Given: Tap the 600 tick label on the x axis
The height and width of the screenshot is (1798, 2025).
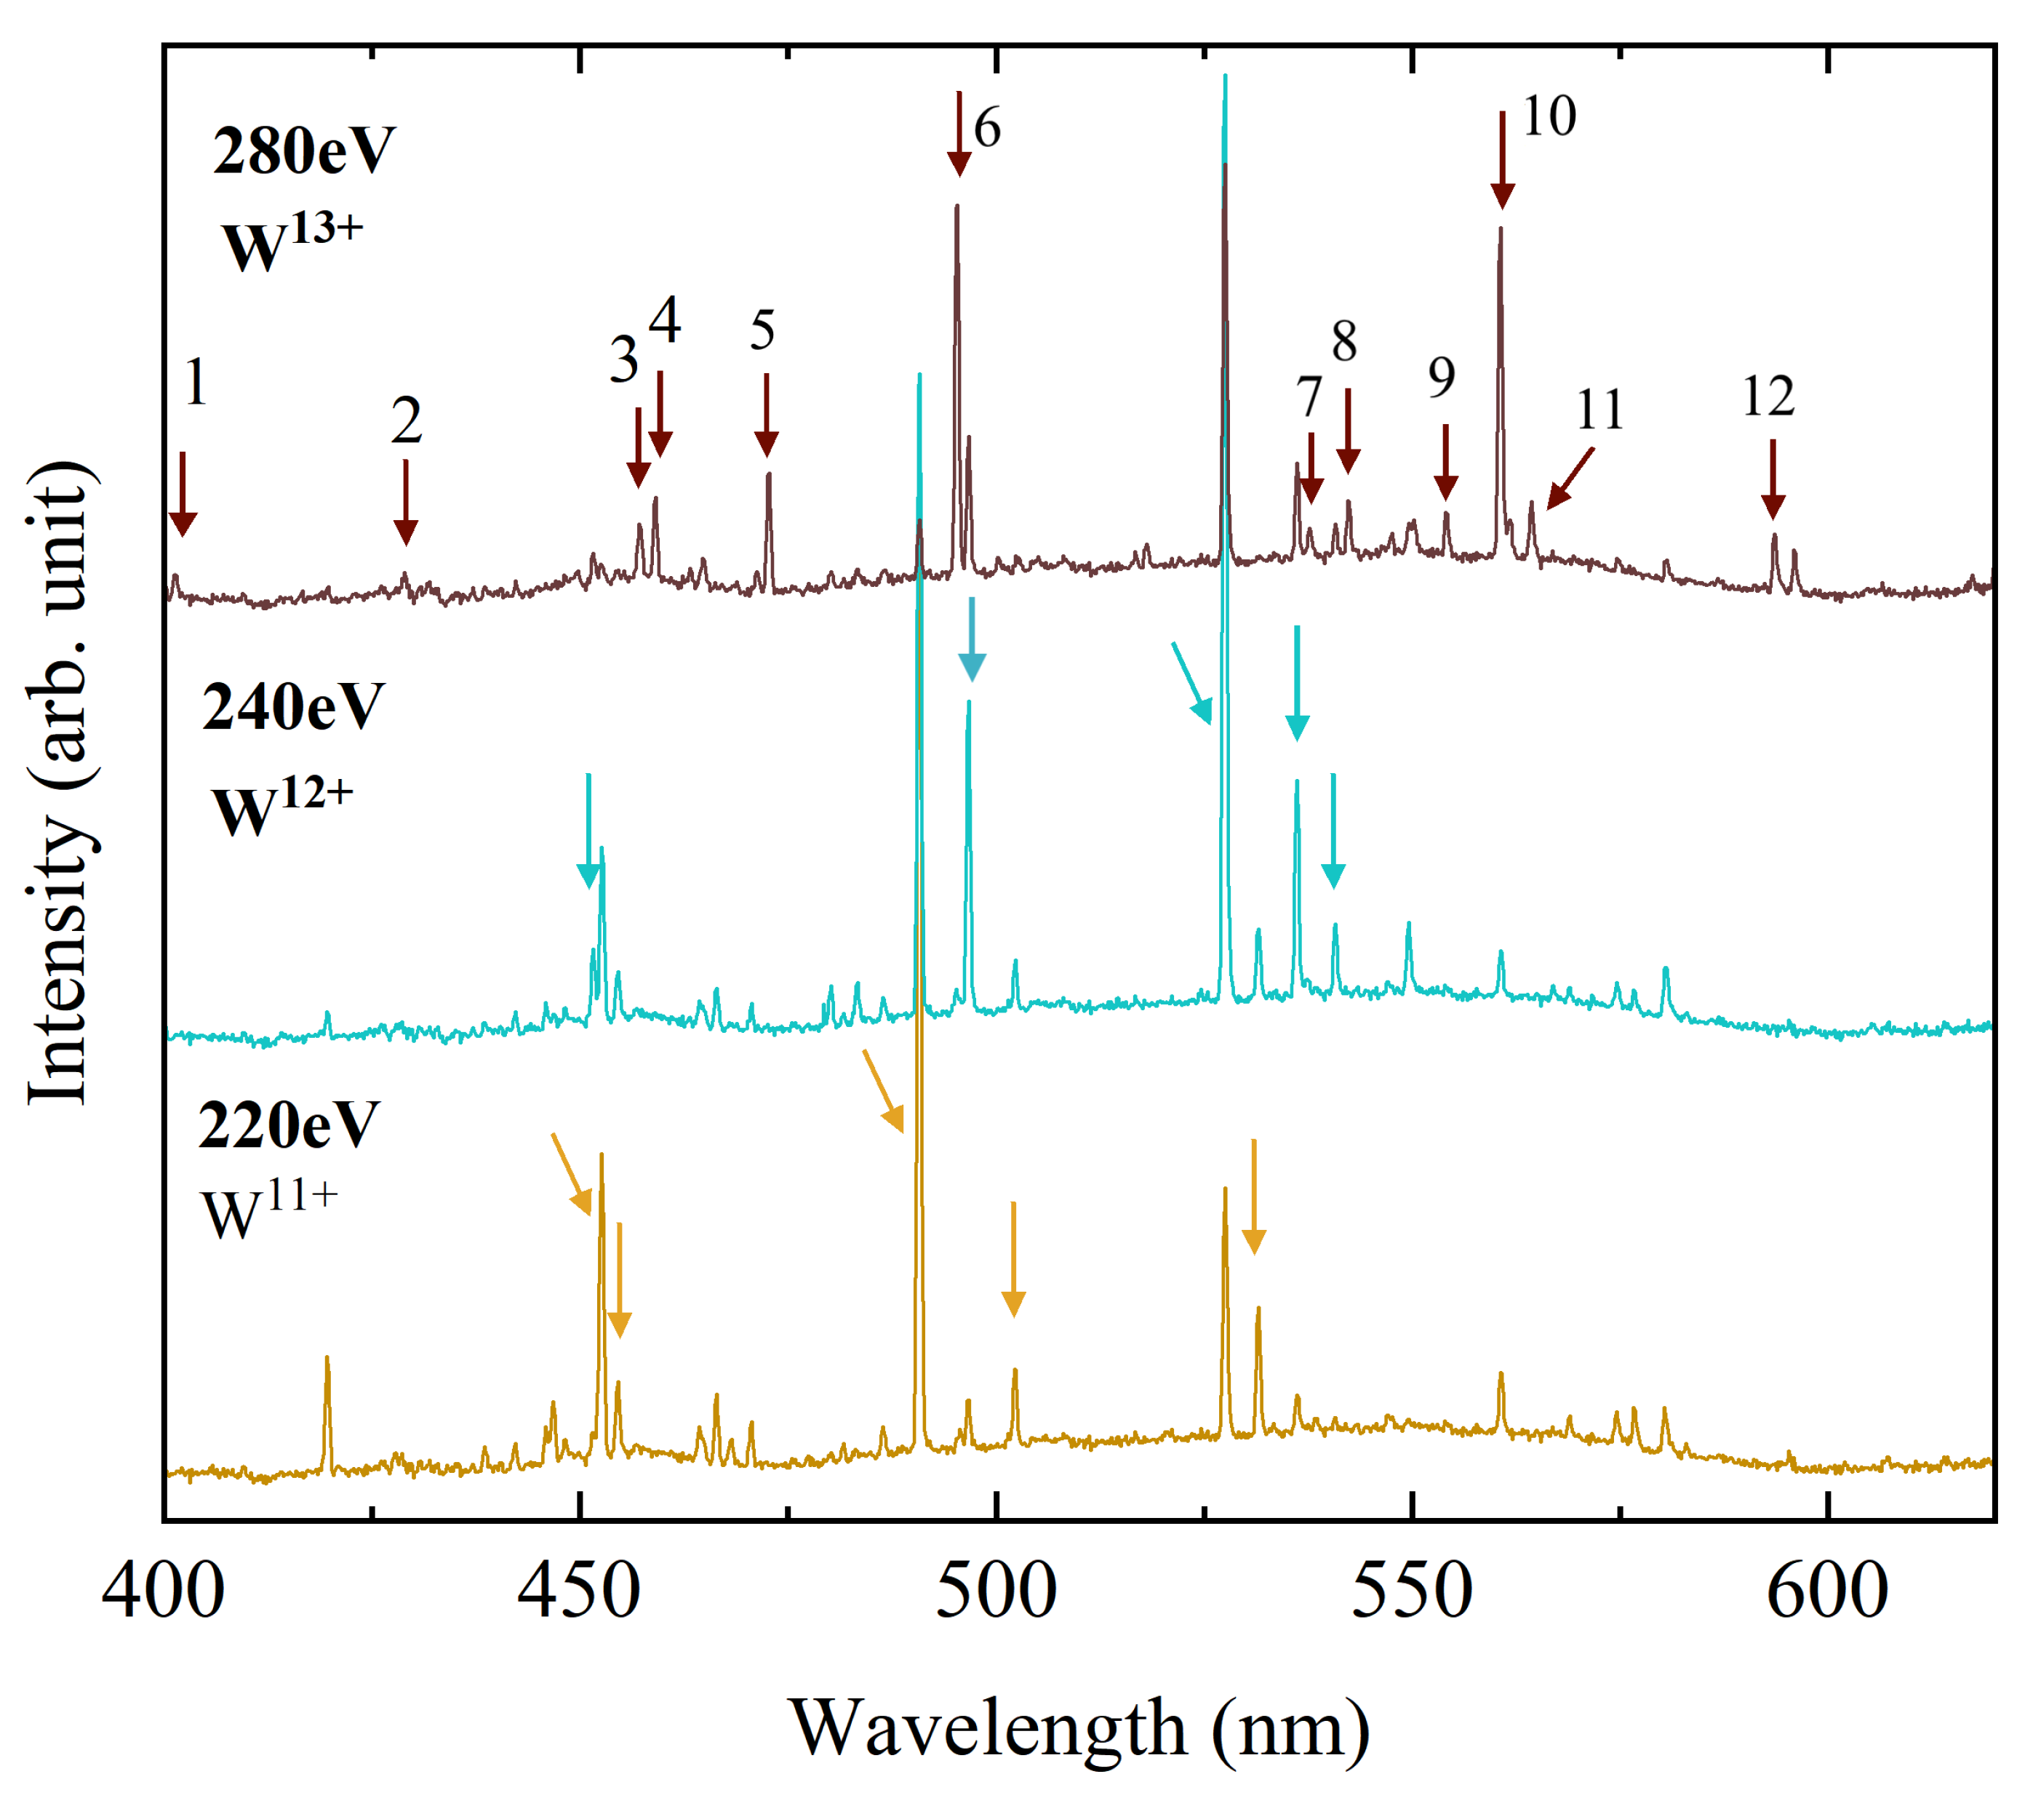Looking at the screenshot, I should pos(1827,1593).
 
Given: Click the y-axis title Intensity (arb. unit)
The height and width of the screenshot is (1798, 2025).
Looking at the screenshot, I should pos(61,783).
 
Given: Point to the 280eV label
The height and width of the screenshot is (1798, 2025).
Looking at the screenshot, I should pos(303,151).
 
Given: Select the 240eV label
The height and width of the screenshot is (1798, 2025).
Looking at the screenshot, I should pos(292,707).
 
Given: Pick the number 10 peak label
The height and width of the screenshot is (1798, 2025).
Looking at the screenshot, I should pos(1549,117).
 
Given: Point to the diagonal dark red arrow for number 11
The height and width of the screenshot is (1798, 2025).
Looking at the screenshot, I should pos(1570,479).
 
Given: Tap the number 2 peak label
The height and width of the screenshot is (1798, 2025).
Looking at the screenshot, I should pos(406,421).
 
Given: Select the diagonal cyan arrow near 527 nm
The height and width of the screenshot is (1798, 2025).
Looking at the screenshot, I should pos(1192,684).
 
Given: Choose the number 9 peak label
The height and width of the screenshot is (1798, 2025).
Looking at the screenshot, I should pos(1442,377).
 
